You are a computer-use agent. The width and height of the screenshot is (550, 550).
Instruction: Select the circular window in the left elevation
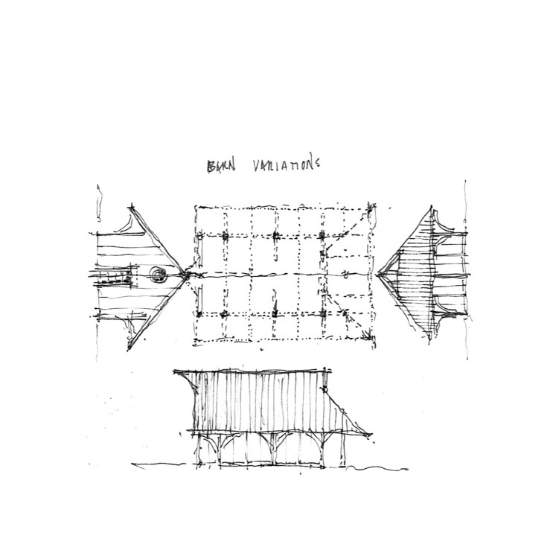[159, 275]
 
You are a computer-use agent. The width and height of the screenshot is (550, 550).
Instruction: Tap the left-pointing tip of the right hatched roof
[378, 275]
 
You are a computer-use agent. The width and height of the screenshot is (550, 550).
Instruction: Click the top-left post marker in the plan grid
[225, 236]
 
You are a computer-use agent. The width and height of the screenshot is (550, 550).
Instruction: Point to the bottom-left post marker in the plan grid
[225, 315]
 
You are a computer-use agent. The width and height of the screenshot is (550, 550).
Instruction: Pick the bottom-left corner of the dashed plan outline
[196, 342]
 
